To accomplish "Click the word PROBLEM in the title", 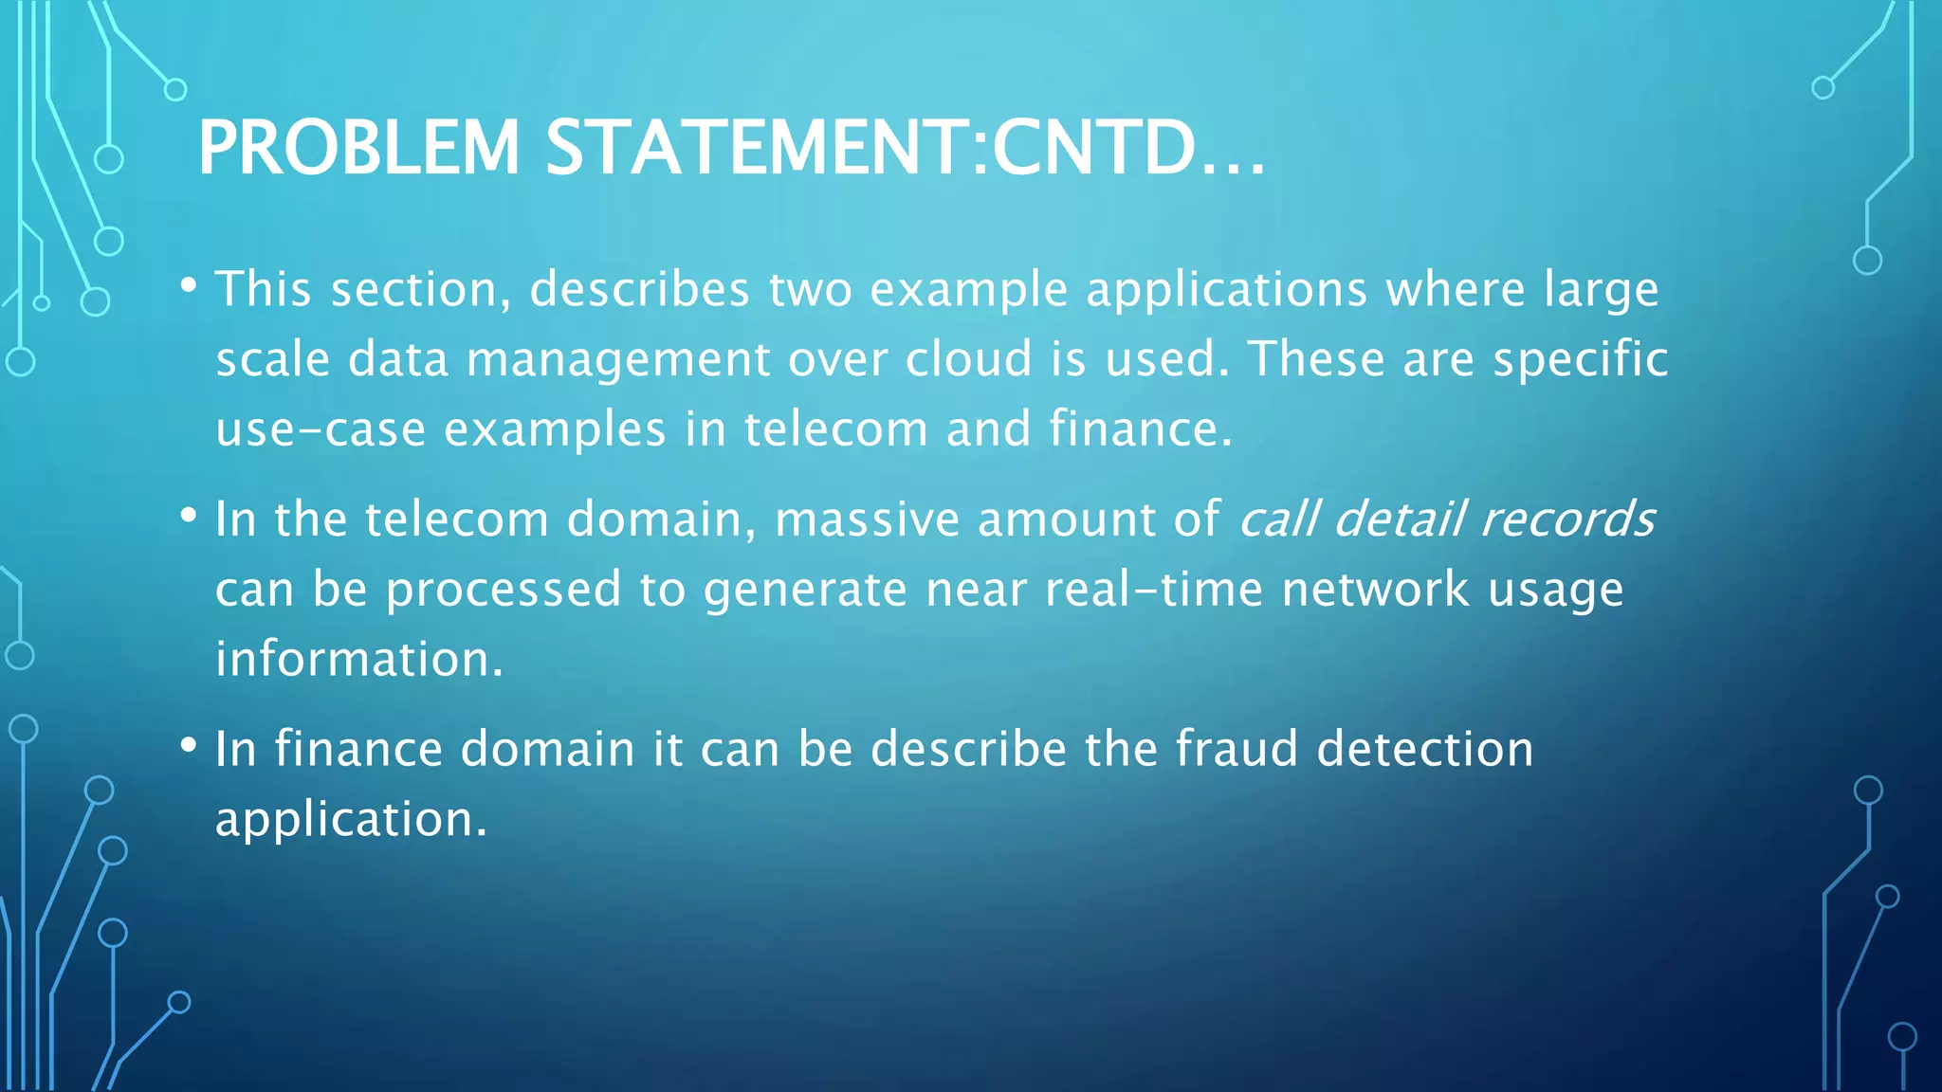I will coord(358,148).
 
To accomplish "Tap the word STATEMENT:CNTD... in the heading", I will coord(905,148).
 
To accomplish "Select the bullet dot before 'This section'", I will coord(189,283).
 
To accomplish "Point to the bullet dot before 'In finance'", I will coord(189,745).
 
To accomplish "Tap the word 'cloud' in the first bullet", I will coord(968,359).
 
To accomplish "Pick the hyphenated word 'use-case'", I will coord(320,429).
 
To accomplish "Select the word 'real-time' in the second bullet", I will coord(1153,589).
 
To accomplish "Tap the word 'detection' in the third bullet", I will coord(1424,749).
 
